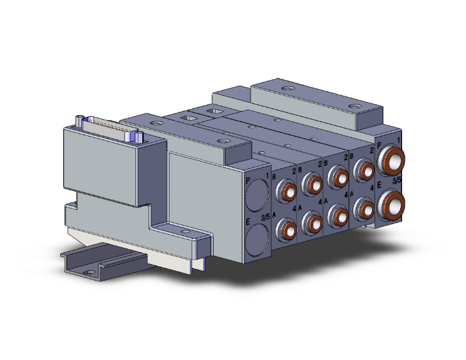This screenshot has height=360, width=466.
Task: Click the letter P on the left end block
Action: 247,180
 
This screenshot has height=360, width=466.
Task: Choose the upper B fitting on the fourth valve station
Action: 363,168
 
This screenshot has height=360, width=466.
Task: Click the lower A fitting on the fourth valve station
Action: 363,205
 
